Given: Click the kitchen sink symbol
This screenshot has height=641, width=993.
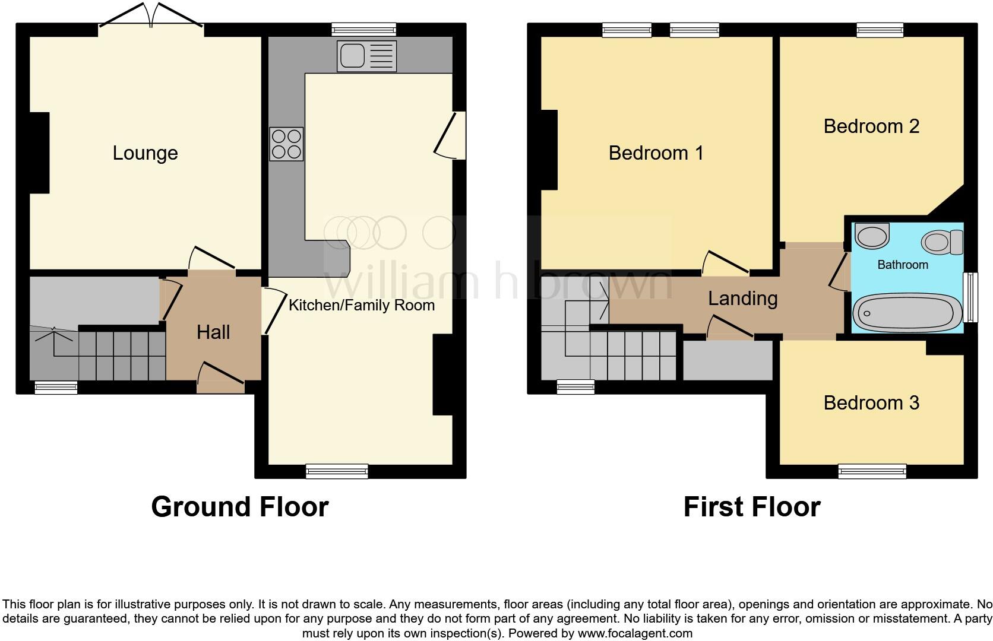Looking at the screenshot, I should tap(366, 56).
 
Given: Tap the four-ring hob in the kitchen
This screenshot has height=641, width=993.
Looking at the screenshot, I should tap(286, 144).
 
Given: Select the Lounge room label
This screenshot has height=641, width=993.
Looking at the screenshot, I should tap(145, 153).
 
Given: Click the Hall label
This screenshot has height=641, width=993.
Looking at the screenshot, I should tap(213, 332).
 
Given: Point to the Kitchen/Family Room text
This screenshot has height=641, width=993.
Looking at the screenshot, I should tap(361, 305).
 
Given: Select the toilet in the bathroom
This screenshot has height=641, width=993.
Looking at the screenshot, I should tap(942, 242).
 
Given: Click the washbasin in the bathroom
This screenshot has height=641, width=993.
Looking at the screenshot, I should tap(871, 235).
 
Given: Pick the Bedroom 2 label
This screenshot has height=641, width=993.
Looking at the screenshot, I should tap(871, 126).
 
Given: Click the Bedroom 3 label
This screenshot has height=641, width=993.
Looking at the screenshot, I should tap(871, 403).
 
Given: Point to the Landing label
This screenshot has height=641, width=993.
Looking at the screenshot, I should tap(742, 298).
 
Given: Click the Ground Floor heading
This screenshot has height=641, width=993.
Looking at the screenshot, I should tap(239, 507).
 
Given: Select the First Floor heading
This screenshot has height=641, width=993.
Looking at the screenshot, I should tap(751, 507).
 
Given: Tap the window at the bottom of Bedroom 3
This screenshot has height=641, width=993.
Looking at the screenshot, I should tap(872, 471).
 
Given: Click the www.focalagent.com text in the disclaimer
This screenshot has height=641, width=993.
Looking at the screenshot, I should tap(635, 633).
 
